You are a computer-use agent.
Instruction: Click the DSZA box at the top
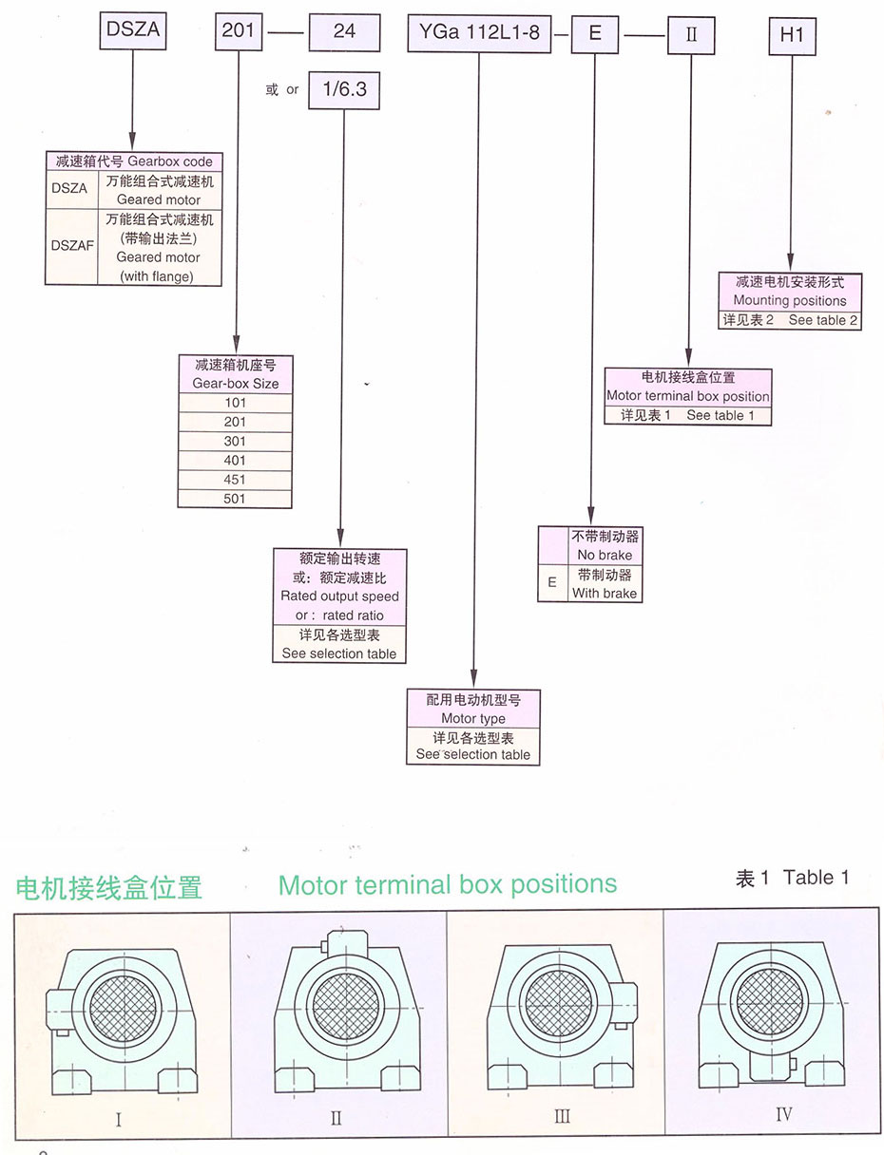click(133, 31)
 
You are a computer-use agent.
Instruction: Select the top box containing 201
click(238, 31)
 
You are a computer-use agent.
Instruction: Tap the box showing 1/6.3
click(344, 90)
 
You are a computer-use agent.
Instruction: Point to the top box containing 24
click(344, 31)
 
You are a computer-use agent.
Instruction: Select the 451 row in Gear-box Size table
click(235, 480)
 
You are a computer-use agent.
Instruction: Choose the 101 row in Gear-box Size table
click(235, 403)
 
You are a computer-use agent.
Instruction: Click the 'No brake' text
click(603, 555)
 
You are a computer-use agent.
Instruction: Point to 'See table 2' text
click(822, 320)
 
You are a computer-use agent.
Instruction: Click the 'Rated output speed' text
click(339, 596)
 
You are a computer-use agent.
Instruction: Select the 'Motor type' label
click(473, 719)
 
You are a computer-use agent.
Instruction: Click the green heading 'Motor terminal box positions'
click(448, 885)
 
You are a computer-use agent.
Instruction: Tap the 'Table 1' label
click(816, 878)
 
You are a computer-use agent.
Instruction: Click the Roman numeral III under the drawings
click(562, 1116)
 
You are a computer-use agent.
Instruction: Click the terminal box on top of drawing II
click(338, 943)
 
